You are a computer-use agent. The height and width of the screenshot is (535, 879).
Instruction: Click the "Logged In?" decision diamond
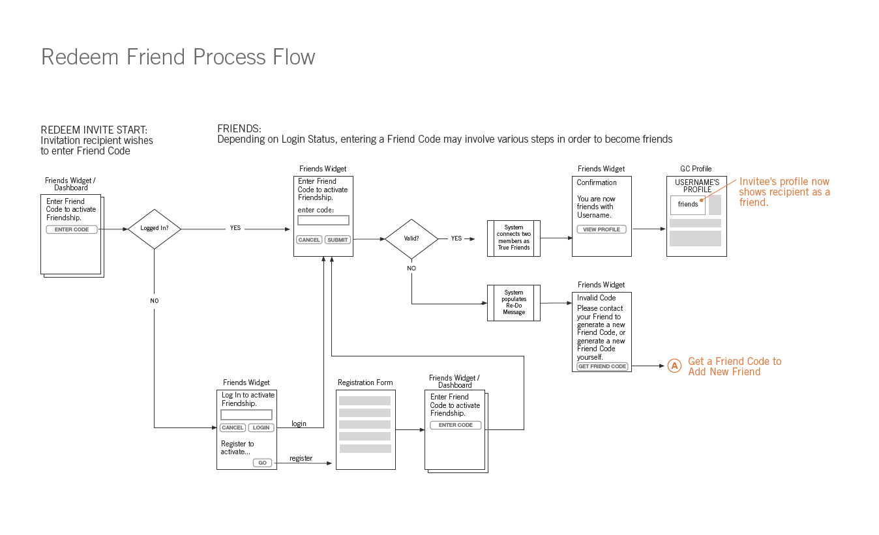point(154,229)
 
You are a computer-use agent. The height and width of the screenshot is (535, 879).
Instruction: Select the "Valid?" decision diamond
point(411,239)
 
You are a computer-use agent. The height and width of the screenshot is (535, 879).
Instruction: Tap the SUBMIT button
point(338,240)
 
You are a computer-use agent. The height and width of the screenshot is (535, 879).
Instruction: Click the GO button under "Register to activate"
point(262,463)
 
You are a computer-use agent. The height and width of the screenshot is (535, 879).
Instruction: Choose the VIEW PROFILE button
point(601,229)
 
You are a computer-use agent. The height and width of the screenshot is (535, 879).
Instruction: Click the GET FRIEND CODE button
point(602,366)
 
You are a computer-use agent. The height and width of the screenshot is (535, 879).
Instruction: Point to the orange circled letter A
point(675,366)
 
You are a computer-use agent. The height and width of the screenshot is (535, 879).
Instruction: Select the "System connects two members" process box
point(513,238)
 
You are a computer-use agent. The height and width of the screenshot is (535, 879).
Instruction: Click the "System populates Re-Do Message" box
point(513,302)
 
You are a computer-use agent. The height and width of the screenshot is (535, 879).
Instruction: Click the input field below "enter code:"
point(323,220)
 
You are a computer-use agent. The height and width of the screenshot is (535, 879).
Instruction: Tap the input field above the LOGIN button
point(246,414)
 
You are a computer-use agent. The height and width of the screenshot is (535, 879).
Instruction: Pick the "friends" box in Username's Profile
point(688,205)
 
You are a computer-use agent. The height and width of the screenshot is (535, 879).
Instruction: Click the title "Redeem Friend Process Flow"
point(178,57)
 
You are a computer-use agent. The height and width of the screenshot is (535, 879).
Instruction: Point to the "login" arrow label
point(299,424)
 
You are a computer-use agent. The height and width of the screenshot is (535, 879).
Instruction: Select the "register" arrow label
point(301,458)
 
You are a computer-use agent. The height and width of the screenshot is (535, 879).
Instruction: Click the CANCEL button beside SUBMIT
point(309,240)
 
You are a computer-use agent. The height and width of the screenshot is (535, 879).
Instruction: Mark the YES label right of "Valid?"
point(456,239)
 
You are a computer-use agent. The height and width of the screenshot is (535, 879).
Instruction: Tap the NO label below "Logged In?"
point(154,301)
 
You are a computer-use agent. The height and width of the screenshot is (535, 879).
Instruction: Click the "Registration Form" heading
point(365,383)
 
